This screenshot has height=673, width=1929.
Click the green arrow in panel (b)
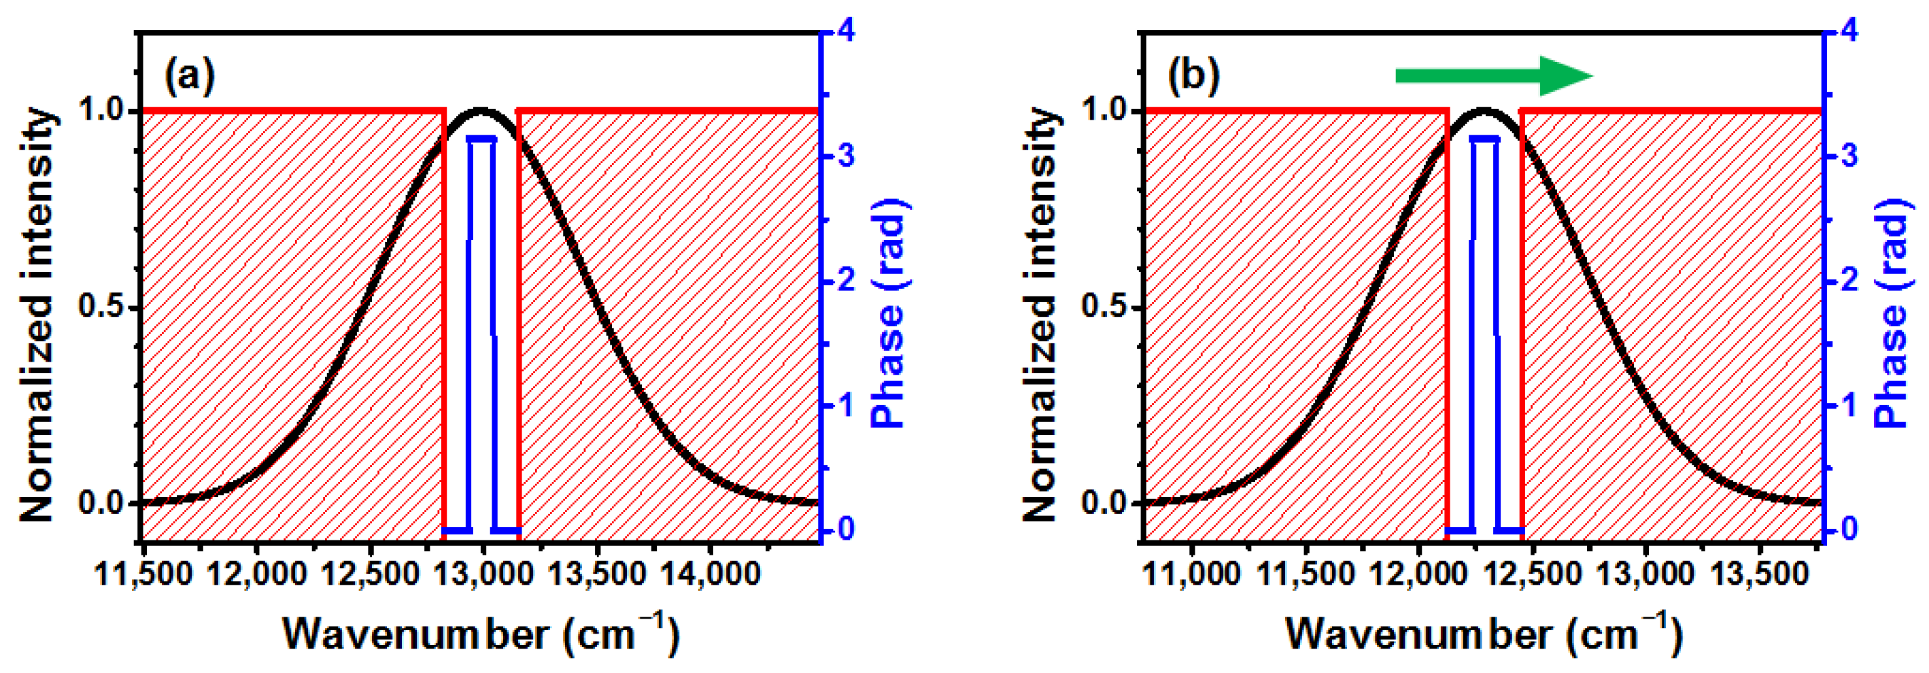click(1493, 75)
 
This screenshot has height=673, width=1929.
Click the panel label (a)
click(190, 75)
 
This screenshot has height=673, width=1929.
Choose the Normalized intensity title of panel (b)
click(1039, 315)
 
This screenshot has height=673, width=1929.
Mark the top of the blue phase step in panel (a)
click(481, 139)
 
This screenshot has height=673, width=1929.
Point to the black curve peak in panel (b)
click(1484, 111)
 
